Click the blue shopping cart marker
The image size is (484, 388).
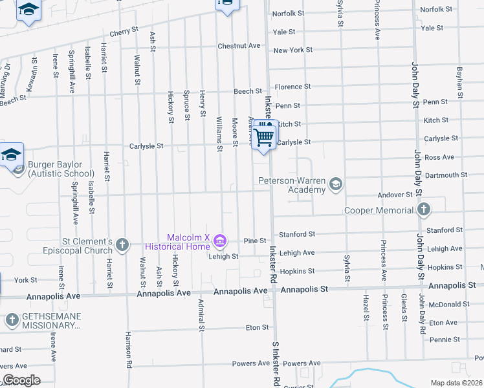pyautogui.click(x=264, y=136)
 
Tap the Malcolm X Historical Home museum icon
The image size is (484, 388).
pyautogui.click(x=221, y=242)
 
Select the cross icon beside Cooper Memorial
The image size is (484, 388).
pyautogui.click(x=423, y=210)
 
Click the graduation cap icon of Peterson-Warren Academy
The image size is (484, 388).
pyautogui.click(x=335, y=185)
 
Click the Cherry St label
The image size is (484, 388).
pyautogui.click(x=124, y=31)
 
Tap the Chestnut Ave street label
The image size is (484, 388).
pyautogui.click(x=239, y=46)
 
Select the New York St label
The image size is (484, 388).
pyautogui.click(x=292, y=50)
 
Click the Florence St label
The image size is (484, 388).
pyautogui.click(x=292, y=87)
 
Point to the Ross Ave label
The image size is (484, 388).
pyautogui.click(x=439, y=157)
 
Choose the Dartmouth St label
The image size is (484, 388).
pyautogui.click(x=446, y=175)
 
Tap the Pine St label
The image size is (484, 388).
pyautogui.click(x=255, y=241)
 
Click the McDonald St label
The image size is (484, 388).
pyautogui.click(x=448, y=304)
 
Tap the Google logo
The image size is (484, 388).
pyautogui.click(x=21, y=380)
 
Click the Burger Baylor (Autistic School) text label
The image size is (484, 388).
pyautogui.click(x=61, y=169)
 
